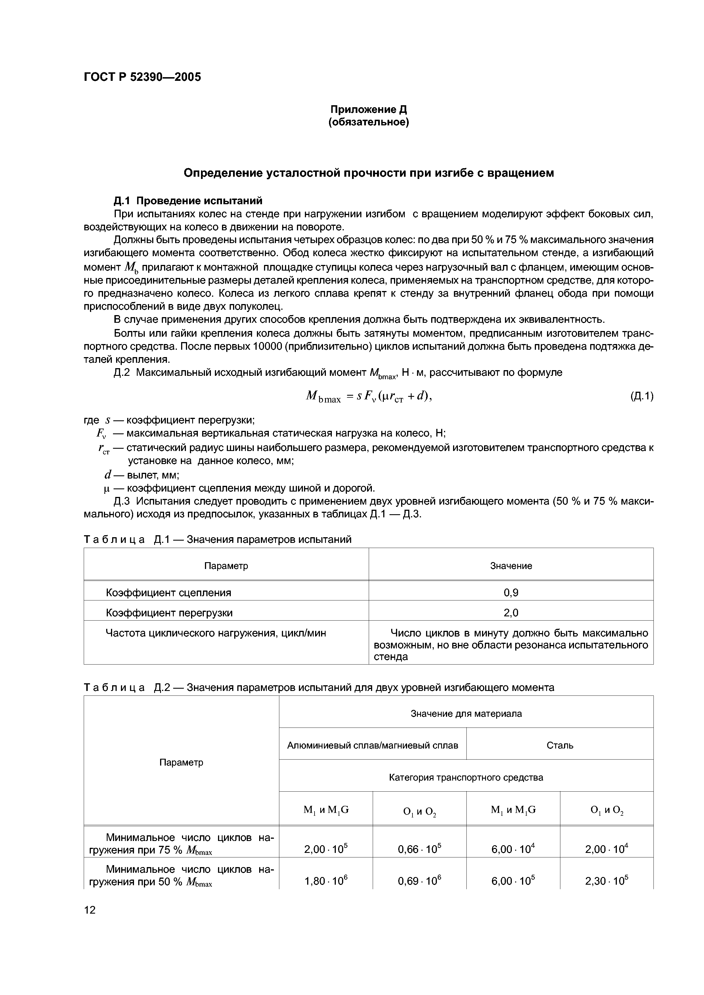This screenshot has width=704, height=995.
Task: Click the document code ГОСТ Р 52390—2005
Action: click(x=142, y=77)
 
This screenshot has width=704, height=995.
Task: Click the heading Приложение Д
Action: click(x=368, y=110)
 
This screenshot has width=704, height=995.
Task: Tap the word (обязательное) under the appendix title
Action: click(x=368, y=123)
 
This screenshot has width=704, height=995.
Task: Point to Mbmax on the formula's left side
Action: click(x=323, y=397)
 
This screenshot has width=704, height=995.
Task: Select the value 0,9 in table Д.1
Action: click(x=510, y=593)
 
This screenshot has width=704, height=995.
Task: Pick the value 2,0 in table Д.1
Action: click(x=510, y=613)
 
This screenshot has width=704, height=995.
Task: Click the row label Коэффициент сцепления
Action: click(x=168, y=593)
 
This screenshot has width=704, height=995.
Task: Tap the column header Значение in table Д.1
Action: click(x=510, y=566)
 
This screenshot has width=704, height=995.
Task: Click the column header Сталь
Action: click(x=560, y=745)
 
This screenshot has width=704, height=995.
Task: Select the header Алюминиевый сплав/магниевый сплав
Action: click(x=372, y=745)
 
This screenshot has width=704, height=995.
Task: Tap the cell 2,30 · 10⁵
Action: click(x=606, y=881)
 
